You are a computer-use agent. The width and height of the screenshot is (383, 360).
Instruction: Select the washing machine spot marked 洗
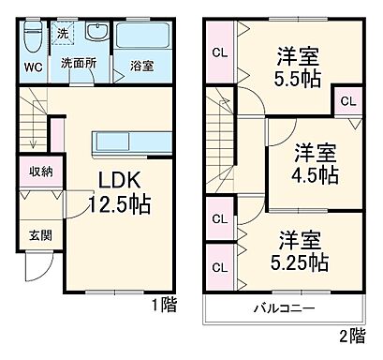[62, 33]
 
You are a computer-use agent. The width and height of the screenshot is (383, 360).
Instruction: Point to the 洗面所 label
[79, 63]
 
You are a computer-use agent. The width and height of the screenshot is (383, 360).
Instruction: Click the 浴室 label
[141, 67]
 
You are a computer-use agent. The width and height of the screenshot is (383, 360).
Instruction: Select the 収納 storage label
[40, 171]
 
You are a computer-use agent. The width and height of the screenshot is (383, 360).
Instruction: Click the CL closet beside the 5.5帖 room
[218, 52]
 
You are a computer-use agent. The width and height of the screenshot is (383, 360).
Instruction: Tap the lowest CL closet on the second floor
[218, 266]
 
